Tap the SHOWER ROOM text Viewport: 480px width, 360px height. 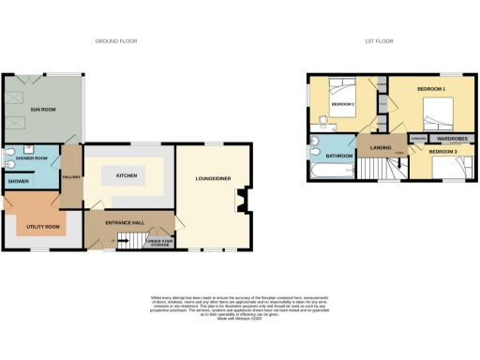32,158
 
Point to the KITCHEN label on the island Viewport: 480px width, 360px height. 127,175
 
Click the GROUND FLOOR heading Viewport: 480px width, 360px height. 116,41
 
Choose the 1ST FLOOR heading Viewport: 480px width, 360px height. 378,41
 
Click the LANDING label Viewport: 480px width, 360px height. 381,148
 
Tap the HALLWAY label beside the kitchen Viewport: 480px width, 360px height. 67,177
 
